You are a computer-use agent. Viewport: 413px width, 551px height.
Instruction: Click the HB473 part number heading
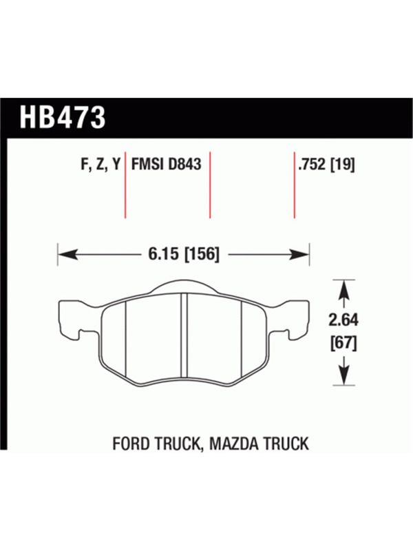click(63, 117)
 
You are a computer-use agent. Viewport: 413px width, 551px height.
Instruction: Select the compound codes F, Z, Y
click(100, 165)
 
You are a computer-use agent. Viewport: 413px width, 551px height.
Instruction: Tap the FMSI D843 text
click(166, 164)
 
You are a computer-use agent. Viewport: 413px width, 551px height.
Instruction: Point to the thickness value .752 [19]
click(326, 164)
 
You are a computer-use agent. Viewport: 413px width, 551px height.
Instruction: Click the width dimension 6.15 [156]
click(184, 253)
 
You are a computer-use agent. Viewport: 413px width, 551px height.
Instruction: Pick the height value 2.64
click(343, 320)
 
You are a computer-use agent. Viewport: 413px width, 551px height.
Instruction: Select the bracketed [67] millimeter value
click(343, 343)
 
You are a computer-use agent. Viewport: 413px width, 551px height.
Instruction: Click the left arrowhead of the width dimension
click(67, 254)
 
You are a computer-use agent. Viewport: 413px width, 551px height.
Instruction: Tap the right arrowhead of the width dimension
click(299, 254)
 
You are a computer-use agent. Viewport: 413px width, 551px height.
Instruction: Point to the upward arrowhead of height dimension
click(343, 289)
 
